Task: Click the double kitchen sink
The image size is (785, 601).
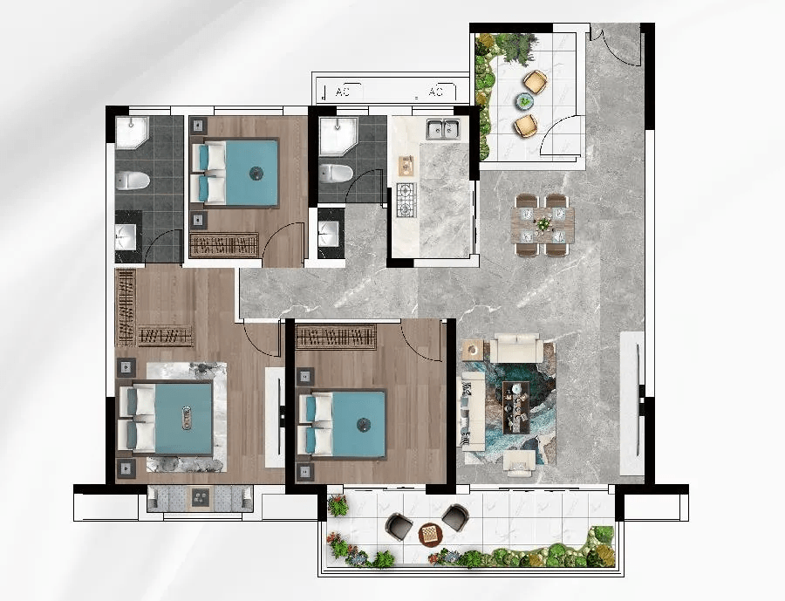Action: click(443, 129)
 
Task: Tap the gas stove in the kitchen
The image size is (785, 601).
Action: click(406, 200)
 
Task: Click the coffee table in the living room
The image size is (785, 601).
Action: click(516, 406)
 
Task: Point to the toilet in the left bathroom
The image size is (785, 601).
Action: click(133, 181)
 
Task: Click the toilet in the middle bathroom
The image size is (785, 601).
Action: click(336, 173)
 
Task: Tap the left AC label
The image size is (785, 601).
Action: click(343, 92)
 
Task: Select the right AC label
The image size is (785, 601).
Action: click(435, 92)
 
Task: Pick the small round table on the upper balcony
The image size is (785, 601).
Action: click(525, 101)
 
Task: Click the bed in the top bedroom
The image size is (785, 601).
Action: click(235, 173)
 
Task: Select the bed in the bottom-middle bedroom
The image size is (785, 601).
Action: click(343, 425)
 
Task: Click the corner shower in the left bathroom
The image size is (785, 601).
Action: click(133, 133)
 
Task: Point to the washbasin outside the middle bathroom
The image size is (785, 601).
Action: click(331, 234)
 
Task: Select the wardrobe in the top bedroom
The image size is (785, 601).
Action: click(224, 245)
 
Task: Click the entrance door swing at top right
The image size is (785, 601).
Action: click(615, 45)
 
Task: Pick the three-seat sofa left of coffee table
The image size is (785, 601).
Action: click(473, 411)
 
